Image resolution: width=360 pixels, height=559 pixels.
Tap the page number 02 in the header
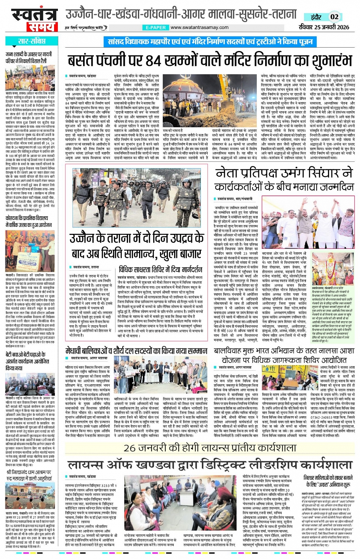pyautogui.click(x=334, y=17)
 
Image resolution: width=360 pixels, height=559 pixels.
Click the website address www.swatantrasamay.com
pyautogui.click(x=199, y=27)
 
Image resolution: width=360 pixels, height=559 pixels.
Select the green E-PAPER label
pyautogui.click(x=155, y=27)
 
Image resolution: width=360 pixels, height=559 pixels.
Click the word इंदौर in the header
pyautogui.click(x=315, y=17)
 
